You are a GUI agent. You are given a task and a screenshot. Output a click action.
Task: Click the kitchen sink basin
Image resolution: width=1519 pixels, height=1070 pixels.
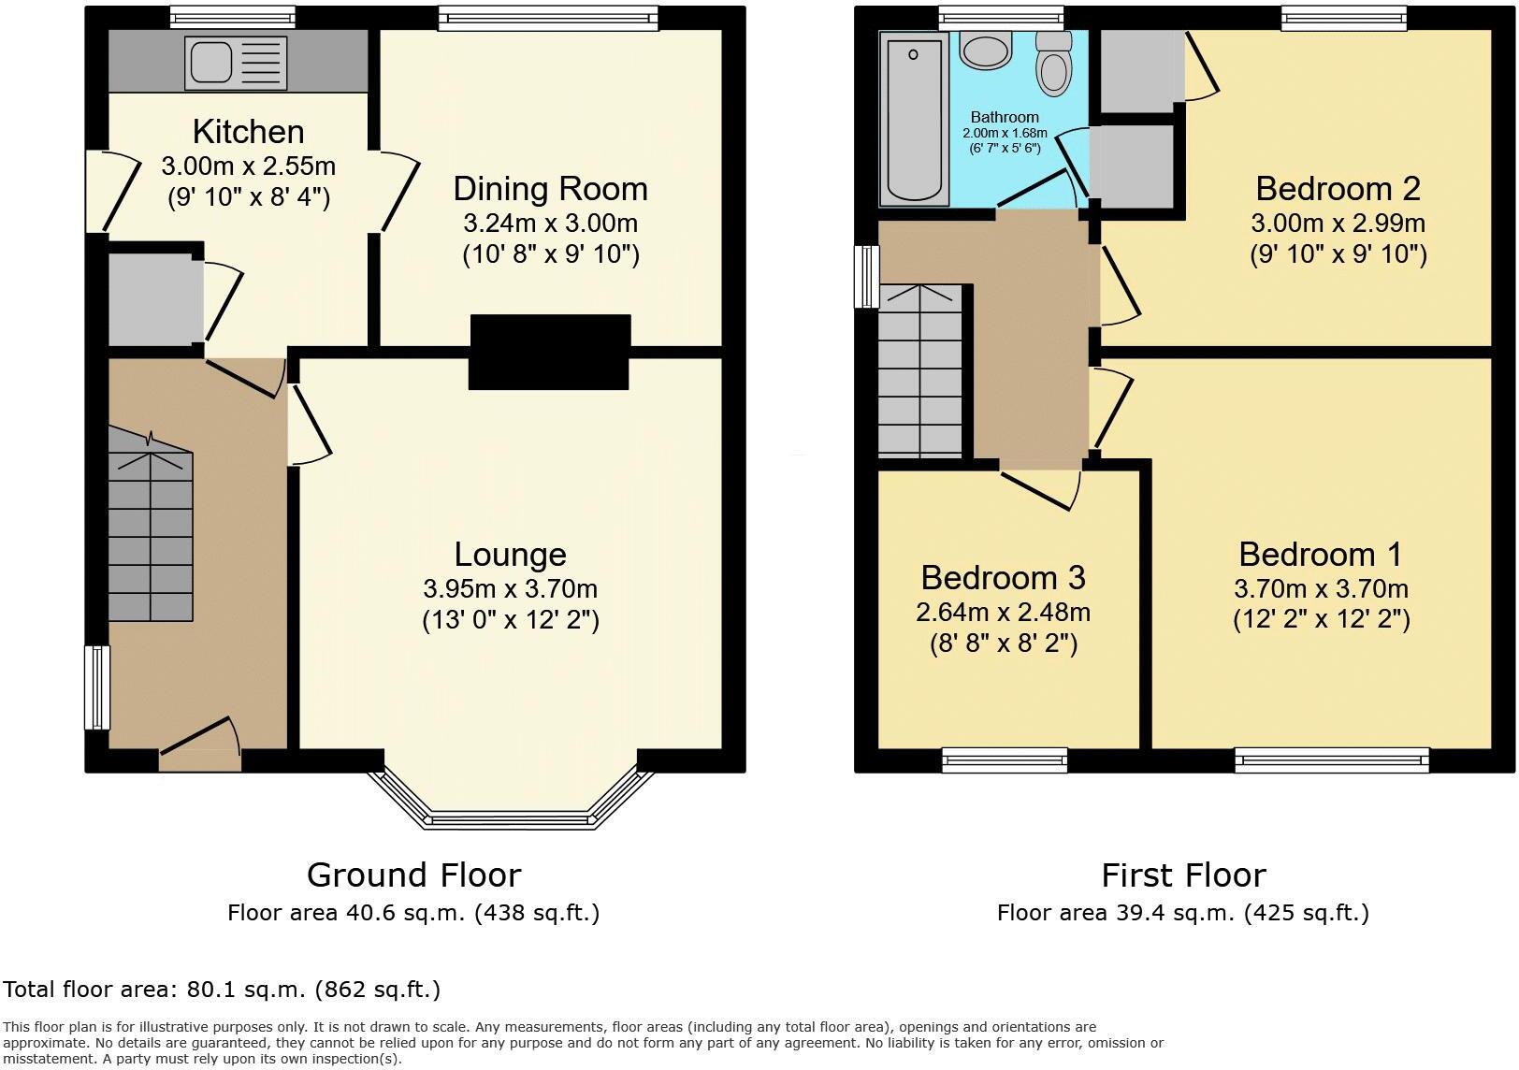pyautogui.click(x=212, y=62)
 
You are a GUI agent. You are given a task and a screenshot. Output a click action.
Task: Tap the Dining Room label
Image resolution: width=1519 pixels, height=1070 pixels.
pyautogui.click(x=550, y=189)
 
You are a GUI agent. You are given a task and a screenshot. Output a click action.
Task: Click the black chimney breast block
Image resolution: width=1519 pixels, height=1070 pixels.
pyautogui.click(x=549, y=352)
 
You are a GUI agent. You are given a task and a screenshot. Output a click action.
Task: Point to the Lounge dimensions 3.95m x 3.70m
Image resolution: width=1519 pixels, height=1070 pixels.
pyautogui.click(x=510, y=589)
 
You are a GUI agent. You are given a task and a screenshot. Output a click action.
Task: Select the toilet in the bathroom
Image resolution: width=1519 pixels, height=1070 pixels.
pyautogui.click(x=1054, y=65)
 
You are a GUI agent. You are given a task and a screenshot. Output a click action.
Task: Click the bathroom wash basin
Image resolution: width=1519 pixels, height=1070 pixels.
pyautogui.click(x=983, y=50)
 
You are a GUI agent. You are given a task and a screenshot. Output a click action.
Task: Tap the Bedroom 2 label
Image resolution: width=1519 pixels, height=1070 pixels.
pyautogui.click(x=1338, y=189)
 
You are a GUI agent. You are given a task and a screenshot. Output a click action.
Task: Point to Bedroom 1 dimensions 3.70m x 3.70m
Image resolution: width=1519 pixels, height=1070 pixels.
pyautogui.click(x=1321, y=589)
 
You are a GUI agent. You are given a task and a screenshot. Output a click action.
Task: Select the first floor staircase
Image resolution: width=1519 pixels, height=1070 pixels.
pyautogui.click(x=920, y=374)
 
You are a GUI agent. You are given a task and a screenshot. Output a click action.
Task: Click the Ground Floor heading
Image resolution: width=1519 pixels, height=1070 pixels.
pyautogui.click(x=413, y=875)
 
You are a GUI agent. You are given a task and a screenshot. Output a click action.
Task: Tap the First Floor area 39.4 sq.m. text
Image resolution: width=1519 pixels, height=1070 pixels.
pyautogui.click(x=1182, y=913)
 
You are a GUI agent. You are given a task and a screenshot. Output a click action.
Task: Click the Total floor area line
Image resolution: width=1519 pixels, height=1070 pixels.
pyautogui.click(x=221, y=989)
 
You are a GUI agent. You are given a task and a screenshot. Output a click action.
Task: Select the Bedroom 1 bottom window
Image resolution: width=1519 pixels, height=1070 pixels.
pyautogui.click(x=1332, y=759)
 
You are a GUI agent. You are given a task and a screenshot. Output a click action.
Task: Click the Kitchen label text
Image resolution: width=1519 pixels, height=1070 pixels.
pyautogui.click(x=248, y=132)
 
